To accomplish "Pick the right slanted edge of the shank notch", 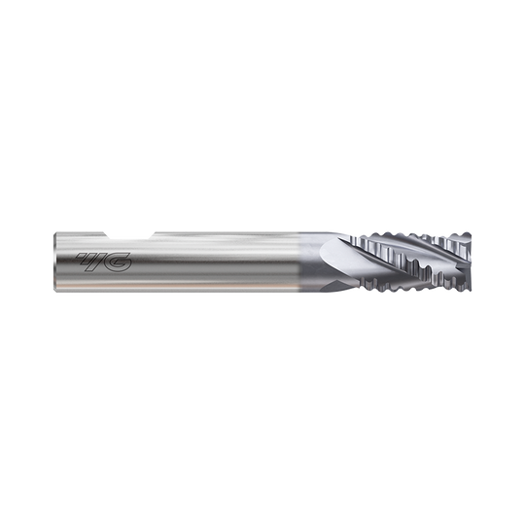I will tap(150, 232).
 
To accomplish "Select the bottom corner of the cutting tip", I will tap(471, 292).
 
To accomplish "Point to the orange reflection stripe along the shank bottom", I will tap(194, 289).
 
